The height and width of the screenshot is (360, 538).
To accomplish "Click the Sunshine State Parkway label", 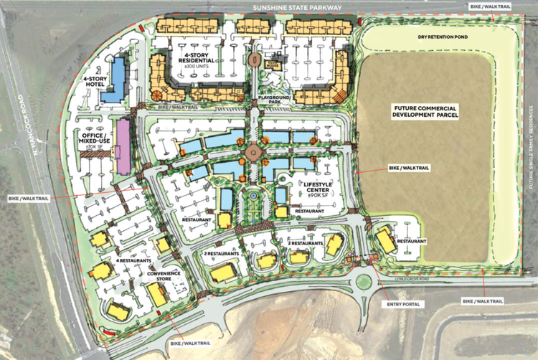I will coord(296,7).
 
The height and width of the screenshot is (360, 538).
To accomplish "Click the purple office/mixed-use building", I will coord(123,146).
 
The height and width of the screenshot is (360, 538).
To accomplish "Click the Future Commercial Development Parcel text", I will coord(425,110).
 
